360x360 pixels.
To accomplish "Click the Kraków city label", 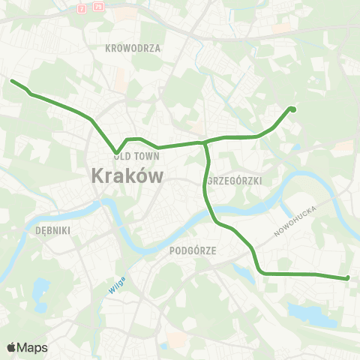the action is pyautogui.click(x=127, y=176).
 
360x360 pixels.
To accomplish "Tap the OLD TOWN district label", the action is pyautogui.click(x=133, y=156).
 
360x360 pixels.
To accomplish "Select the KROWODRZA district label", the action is pyautogui.click(x=134, y=47).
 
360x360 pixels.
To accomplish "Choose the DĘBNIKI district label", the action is pyautogui.click(x=52, y=231).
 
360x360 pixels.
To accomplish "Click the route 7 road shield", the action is pyautogui.click(x=81, y=8).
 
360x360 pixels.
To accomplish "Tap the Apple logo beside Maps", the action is pyautogui.click(x=11, y=347).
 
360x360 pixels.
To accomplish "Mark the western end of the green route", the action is pyautogui.click(x=12, y=80).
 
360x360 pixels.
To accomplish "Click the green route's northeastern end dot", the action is pyautogui.click(x=292, y=109).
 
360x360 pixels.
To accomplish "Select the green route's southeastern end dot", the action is pyautogui.click(x=347, y=278).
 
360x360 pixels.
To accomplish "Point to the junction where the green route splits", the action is pyautogui.click(x=205, y=142).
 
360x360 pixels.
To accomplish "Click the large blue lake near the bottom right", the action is pyautogui.click(x=311, y=314).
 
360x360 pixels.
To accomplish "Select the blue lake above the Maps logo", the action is pyautogui.click(x=40, y=286).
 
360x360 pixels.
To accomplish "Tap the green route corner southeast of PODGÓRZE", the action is pyautogui.click(x=260, y=271).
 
